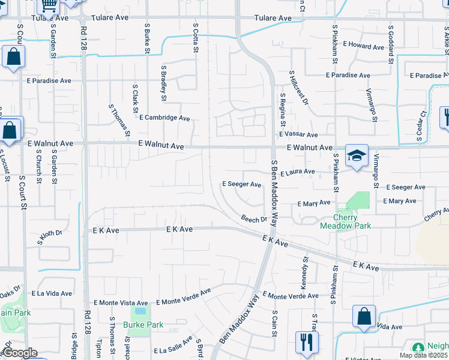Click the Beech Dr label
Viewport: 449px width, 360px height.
point(254,219)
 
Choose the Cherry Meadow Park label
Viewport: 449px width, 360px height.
point(354,221)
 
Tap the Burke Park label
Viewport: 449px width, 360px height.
point(143,325)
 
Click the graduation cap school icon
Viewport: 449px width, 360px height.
point(356,155)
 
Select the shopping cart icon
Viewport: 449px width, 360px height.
point(49,6)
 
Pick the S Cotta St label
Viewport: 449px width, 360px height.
point(196,38)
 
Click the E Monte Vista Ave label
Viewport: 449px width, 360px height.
point(121,303)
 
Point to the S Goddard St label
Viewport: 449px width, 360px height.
point(391,44)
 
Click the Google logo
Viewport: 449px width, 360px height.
point(20,353)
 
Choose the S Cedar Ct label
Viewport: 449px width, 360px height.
point(421,127)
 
